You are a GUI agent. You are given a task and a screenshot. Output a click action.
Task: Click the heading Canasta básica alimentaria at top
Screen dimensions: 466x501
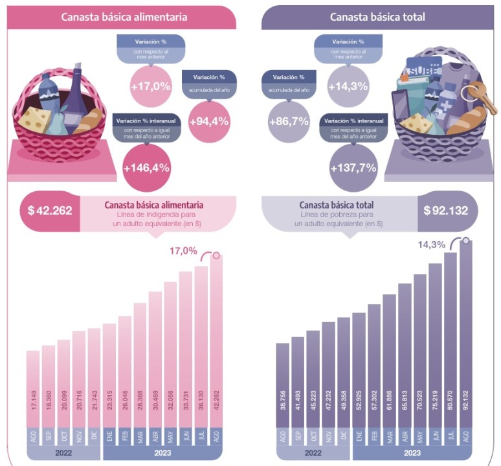pyautogui.click(x=124, y=17)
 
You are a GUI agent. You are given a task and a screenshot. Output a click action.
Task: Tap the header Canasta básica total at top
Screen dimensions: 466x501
pyautogui.click(x=377, y=17)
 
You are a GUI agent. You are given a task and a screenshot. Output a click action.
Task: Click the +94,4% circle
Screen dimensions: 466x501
pyautogui.click(x=209, y=121)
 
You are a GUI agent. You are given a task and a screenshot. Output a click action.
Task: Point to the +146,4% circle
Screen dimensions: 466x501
pyautogui.click(x=150, y=167)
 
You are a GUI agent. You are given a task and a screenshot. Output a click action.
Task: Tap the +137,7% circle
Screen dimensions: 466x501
pyautogui.click(x=353, y=167)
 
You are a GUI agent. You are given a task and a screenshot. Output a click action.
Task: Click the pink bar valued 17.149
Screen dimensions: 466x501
pyautogui.click(x=33, y=389)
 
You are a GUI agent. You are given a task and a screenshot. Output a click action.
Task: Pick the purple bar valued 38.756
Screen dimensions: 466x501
pyautogui.click(x=282, y=385)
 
